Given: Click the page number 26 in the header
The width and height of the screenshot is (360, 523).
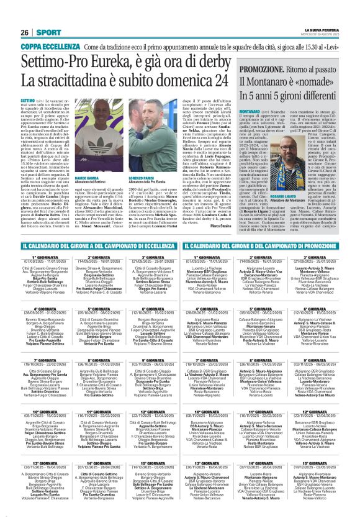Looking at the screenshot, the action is [x=25, y=32].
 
